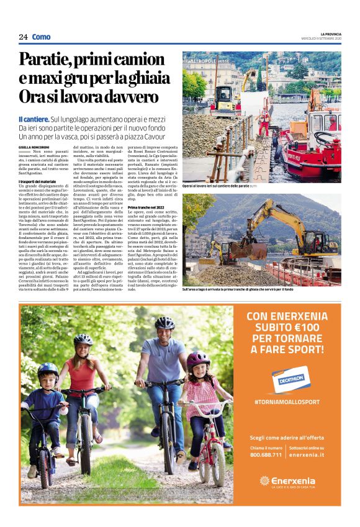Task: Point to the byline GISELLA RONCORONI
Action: [39, 146]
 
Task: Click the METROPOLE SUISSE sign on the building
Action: [209, 61]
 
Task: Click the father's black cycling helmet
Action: [164, 323]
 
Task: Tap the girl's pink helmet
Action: [198, 359]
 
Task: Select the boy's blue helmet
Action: [48, 371]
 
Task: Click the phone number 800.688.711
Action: [266, 454]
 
